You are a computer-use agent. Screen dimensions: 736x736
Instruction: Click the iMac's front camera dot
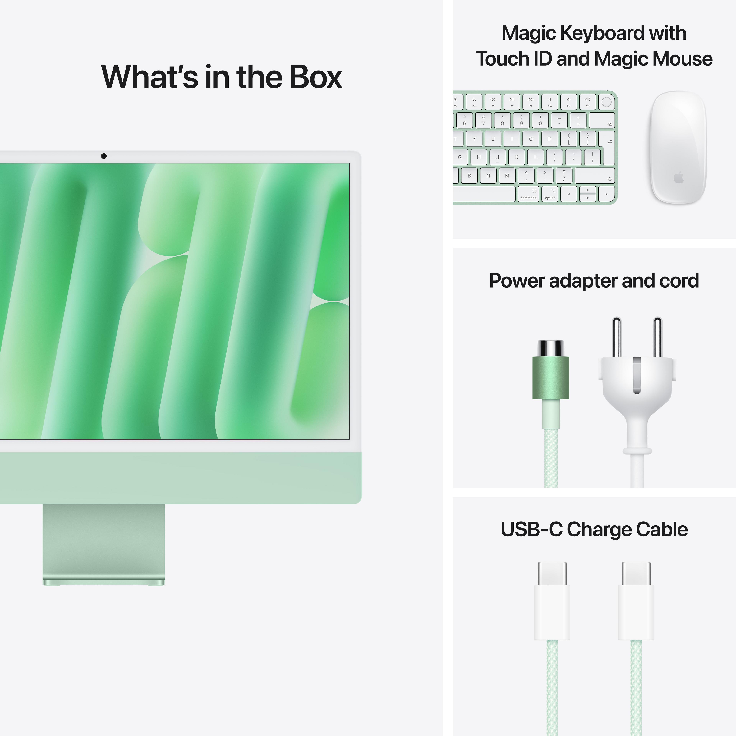click(104, 156)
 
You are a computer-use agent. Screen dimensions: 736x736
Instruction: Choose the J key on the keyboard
click(498, 157)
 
